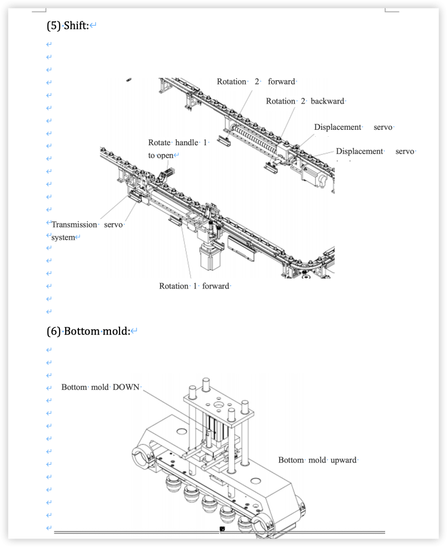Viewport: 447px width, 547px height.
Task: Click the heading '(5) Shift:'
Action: click(68, 25)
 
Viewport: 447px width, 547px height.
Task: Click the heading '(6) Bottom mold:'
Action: click(89, 331)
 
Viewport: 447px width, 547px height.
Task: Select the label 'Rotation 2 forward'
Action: click(256, 82)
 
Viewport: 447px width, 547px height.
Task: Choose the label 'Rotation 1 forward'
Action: click(194, 286)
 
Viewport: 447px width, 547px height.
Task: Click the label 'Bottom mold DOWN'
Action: click(100, 387)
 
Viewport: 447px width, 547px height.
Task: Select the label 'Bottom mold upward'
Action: click(317, 460)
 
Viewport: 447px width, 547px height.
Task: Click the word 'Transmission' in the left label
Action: click(74, 224)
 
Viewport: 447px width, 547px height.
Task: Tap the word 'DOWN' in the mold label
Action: click(126, 387)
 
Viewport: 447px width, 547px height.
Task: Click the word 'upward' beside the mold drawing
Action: click(343, 460)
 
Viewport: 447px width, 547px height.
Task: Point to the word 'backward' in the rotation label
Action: click(327, 101)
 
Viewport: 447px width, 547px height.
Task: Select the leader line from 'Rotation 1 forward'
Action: click(185, 251)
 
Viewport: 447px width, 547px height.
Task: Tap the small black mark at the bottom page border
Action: click(222, 529)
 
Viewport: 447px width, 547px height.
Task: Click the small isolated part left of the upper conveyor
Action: click(129, 80)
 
